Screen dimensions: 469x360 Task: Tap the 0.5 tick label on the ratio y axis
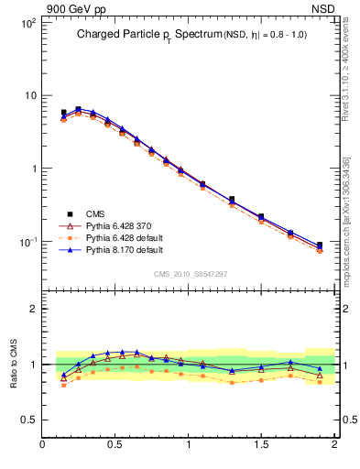[28, 420]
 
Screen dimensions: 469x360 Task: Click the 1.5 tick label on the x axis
[261, 444]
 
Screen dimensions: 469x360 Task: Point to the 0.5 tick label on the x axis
[115, 444]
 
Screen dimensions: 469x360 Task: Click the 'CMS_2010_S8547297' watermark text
[190, 274]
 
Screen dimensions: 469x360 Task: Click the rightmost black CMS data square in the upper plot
[320, 245]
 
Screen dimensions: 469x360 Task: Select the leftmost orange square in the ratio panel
[63, 386]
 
